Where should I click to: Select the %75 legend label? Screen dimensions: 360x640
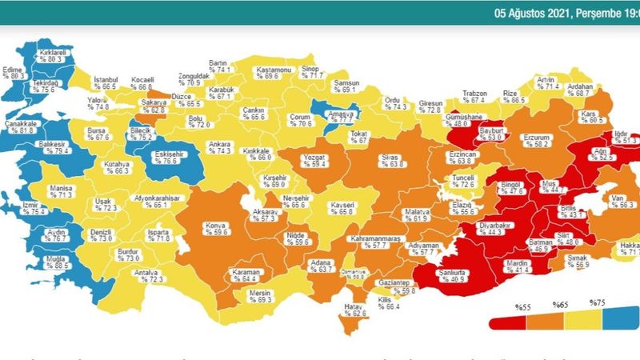[595, 303]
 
